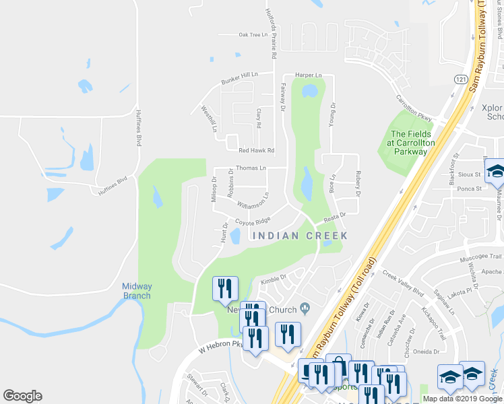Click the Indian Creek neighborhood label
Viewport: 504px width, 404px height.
[x=299, y=236]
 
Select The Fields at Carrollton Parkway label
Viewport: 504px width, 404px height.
[x=410, y=142]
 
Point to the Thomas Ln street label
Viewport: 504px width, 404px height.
[x=251, y=168]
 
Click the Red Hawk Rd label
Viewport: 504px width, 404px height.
[x=257, y=150]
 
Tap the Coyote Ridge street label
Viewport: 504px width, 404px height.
[x=252, y=221]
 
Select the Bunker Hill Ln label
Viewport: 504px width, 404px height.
[x=240, y=78]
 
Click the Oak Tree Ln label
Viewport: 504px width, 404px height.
[x=253, y=34]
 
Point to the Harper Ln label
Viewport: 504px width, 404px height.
[x=307, y=75]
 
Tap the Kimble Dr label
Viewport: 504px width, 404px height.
[x=274, y=277]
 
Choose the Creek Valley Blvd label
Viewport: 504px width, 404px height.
[x=402, y=283]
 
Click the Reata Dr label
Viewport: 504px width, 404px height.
[x=334, y=216]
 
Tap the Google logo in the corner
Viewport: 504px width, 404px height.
[x=23, y=396]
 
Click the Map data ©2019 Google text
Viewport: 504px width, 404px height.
[x=462, y=399]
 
